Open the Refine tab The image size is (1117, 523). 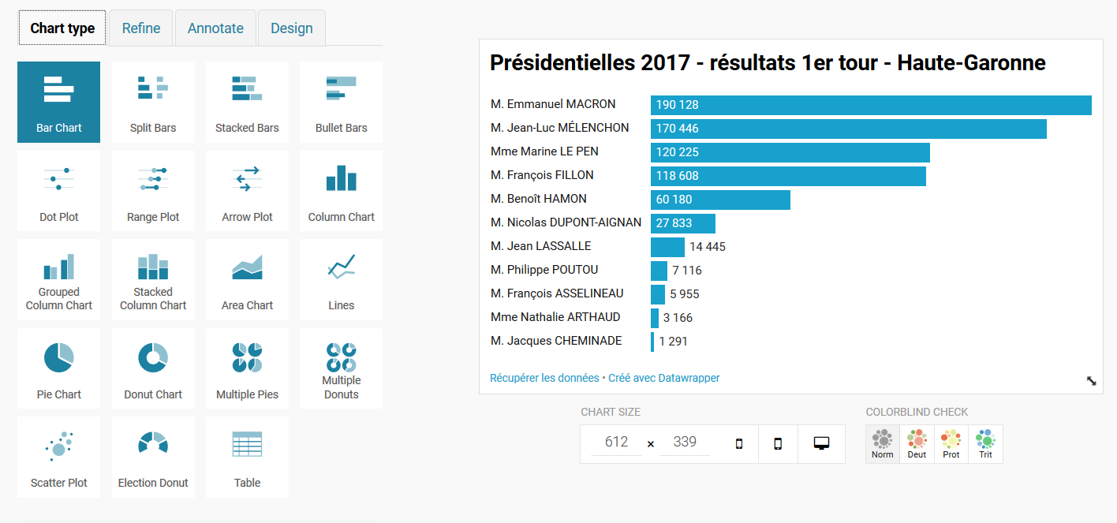click(x=141, y=28)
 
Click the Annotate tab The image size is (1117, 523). click(x=215, y=28)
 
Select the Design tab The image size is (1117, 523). click(x=292, y=28)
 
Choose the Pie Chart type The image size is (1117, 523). click(x=59, y=368)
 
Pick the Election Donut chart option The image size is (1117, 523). click(x=153, y=458)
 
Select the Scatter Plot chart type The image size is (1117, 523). click(x=59, y=458)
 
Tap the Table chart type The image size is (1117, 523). click(x=248, y=458)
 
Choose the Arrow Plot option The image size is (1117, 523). click(x=248, y=191)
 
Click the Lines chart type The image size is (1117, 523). click(x=341, y=280)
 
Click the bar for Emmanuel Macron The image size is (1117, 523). click(x=871, y=105)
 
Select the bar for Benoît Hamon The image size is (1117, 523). click(x=720, y=200)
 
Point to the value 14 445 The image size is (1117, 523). click(x=708, y=247)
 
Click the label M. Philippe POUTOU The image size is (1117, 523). click(x=544, y=270)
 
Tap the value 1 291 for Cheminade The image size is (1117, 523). click(x=673, y=342)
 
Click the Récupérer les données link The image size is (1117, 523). click(x=544, y=378)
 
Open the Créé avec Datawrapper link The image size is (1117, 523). click(x=663, y=378)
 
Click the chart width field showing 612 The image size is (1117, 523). click(x=616, y=443)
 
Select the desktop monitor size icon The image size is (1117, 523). click(x=821, y=443)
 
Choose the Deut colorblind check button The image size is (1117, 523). click(x=917, y=444)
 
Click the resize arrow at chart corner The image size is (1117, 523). click(x=1092, y=381)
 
